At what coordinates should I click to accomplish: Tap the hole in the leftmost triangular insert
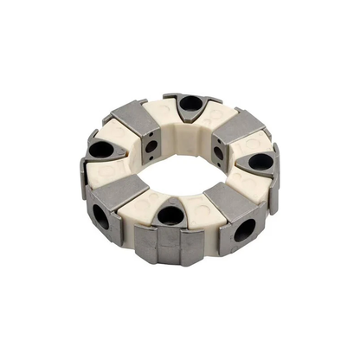[100, 150]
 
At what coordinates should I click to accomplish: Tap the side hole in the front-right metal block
[245, 229]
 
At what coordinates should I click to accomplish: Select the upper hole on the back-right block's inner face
[218, 152]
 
